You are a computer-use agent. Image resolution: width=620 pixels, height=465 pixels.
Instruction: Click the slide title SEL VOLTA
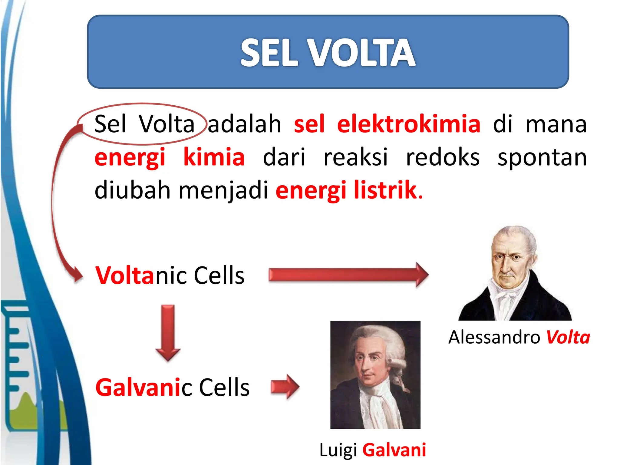(328, 53)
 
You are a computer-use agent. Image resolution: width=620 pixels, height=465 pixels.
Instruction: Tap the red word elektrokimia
(408, 124)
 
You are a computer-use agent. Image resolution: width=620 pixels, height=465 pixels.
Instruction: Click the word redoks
(442, 157)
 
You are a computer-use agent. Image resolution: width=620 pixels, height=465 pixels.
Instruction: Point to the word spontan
(542, 158)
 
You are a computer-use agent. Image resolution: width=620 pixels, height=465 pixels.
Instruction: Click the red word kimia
(214, 157)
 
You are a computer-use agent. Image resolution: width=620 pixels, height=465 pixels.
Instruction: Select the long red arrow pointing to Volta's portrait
(348, 275)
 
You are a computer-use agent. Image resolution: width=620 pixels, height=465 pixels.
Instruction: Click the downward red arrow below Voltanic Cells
(168, 333)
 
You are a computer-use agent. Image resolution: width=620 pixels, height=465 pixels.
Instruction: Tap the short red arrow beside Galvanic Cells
(285, 387)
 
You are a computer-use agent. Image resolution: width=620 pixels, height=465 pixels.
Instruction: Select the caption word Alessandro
(494, 337)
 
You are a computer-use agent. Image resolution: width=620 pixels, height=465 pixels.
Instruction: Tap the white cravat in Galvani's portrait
(378, 403)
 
